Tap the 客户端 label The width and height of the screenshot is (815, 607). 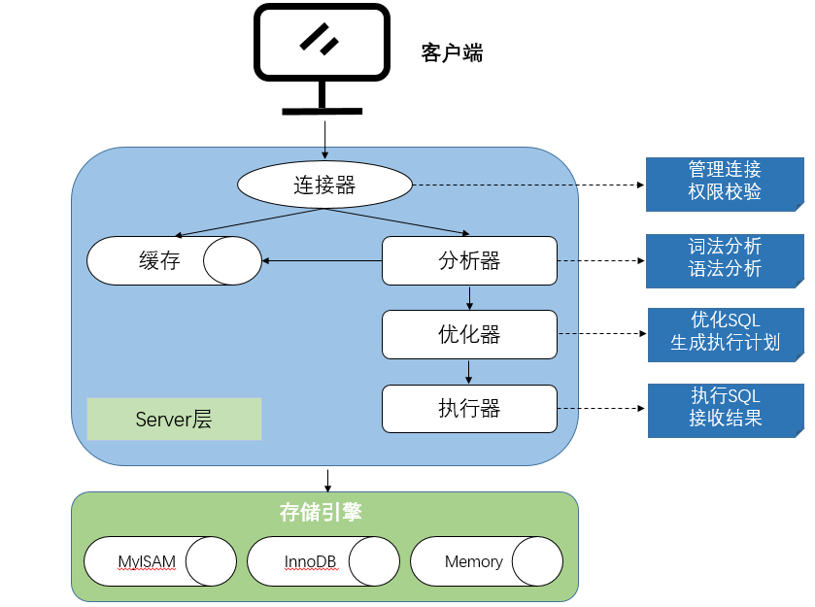pos(452,52)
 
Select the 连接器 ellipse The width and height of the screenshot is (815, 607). pos(324,185)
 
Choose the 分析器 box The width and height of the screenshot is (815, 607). pos(469,260)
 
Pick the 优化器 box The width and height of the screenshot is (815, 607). pos(469,334)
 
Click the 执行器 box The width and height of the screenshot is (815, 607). pos(469,408)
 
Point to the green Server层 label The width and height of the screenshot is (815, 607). pos(174,419)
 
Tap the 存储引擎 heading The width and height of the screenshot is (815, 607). pos(321,512)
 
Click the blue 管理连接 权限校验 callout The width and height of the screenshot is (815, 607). pos(725,181)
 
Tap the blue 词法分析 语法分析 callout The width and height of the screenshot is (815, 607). pos(725,259)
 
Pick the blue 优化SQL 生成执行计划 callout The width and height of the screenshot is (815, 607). pos(726,332)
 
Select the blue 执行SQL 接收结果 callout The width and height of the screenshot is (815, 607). pos(726,408)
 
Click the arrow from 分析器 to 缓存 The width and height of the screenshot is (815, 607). pos(322,260)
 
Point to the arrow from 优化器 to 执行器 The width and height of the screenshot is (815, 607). pos(469,371)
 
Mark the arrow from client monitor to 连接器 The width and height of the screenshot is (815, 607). pos(324,137)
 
